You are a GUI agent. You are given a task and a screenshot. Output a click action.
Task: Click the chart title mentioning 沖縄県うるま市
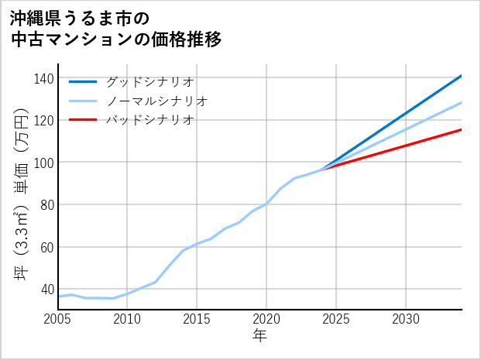coord(116,29)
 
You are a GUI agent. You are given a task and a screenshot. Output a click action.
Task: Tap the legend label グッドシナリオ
coord(149,81)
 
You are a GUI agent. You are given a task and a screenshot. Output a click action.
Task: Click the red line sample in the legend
coord(83,120)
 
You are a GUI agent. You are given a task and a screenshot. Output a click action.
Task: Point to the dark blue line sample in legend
coord(83,81)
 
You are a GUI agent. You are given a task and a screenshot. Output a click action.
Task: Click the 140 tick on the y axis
coord(45,78)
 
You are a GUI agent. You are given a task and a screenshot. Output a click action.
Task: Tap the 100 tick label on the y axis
coord(45,163)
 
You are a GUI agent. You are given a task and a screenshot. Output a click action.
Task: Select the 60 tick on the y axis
coord(48,247)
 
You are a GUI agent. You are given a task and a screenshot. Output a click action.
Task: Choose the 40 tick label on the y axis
coord(48,290)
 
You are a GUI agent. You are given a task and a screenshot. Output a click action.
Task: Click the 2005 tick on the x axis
coord(58,319)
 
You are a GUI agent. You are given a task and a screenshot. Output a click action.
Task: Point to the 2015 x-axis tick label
coord(197,319)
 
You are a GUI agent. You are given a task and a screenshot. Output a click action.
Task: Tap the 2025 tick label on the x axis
coord(336,319)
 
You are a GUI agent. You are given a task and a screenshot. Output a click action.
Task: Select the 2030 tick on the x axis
coord(406,319)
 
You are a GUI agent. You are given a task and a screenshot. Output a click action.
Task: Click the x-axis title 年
coord(259,336)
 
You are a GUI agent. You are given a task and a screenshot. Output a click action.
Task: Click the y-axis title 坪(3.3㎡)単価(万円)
coord(22,194)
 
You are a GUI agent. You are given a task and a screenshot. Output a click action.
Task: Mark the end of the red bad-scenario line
coord(461,129)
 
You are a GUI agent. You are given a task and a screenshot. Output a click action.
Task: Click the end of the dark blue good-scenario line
coord(461,76)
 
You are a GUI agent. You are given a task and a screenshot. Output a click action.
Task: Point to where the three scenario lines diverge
coord(322,170)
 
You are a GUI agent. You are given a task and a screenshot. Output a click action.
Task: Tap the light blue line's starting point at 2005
coord(59,297)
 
